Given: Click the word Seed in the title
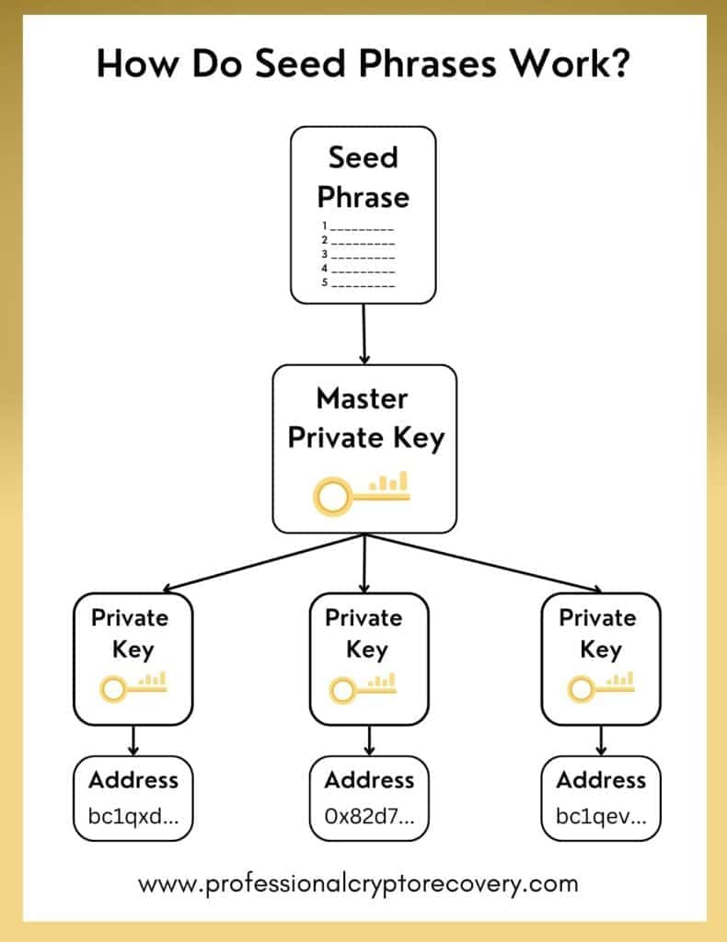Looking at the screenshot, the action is click(x=300, y=63).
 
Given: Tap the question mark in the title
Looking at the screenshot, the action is click(x=617, y=62).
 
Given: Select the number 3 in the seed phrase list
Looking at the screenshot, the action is click(x=325, y=254).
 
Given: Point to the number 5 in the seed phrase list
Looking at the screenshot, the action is click(x=325, y=282).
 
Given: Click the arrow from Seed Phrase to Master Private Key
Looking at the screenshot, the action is click(x=364, y=334).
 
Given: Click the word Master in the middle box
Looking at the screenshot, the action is click(x=363, y=399).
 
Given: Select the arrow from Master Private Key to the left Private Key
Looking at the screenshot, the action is click(x=264, y=563).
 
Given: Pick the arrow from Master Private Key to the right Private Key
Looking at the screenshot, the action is click(x=483, y=563).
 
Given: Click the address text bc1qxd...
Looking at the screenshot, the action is click(x=133, y=817).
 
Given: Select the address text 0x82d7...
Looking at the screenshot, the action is click(x=370, y=817).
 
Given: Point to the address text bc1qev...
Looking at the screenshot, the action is click(x=602, y=817).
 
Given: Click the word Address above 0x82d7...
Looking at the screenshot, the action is click(x=370, y=780).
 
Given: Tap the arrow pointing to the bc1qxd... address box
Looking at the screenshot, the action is click(x=133, y=741).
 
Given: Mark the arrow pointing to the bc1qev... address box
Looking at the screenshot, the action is click(x=601, y=741).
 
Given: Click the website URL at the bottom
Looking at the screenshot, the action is click(x=358, y=884).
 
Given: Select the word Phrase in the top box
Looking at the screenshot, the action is click(x=363, y=197).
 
